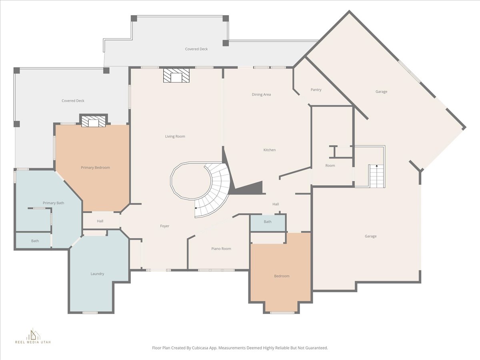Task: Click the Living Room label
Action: pos(175,136)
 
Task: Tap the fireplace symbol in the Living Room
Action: pos(176,76)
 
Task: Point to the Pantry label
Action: pos(316,90)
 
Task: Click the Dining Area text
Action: pos(261,94)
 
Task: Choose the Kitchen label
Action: pos(270,150)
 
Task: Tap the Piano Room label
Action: pos(221,249)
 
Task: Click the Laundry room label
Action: pos(97,274)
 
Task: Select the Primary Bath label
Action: pos(53,203)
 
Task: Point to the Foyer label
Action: pos(165,226)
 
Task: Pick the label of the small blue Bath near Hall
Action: pos(268,222)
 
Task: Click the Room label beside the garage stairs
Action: pos(330,166)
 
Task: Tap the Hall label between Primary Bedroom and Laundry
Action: pos(100,221)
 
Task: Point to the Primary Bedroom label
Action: pos(95,168)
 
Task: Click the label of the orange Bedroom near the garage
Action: pos(282,276)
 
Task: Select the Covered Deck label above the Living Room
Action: pos(196,49)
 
